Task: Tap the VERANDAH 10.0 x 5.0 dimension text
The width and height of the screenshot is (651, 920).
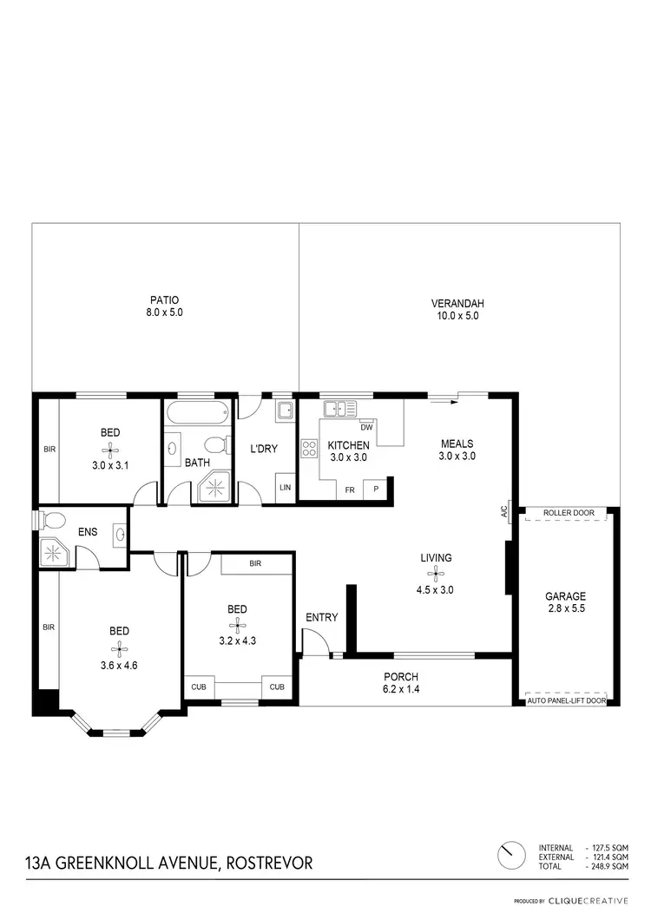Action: (457, 316)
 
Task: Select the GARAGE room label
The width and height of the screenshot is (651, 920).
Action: (565, 596)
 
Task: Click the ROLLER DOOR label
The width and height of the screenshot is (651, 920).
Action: (569, 513)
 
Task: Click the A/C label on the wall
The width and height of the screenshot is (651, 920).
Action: (503, 511)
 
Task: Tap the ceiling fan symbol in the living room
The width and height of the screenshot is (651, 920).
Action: (434, 574)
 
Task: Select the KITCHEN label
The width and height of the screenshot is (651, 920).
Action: (348, 445)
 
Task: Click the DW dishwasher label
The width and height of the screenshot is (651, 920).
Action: (365, 427)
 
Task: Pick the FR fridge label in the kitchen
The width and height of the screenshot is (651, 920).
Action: (349, 490)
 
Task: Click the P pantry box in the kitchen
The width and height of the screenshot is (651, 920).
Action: (376, 489)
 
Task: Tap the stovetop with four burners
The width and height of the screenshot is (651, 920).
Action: (308, 448)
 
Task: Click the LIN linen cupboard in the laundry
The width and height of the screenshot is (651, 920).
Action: (285, 487)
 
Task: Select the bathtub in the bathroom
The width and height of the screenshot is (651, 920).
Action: (199, 413)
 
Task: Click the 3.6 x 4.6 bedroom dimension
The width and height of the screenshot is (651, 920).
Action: (120, 643)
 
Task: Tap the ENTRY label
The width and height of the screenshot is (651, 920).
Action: (321, 617)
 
